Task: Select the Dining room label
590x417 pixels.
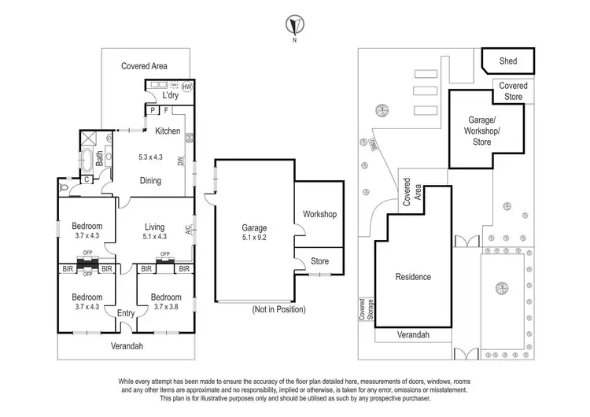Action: pyautogui.click(x=150, y=180)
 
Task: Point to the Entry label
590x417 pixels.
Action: pyautogui.click(x=126, y=313)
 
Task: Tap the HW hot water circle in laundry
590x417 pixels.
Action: pyautogui.click(x=186, y=87)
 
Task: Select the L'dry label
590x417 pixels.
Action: pyautogui.click(x=171, y=96)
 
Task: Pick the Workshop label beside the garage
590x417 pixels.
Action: pyautogui.click(x=319, y=214)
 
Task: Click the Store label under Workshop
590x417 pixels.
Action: pyautogui.click(x=319, y=261)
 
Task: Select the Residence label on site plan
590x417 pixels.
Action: pyautogui.click(x=412, y=277)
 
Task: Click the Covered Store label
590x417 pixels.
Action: pyautogui.click(x=514, y=90)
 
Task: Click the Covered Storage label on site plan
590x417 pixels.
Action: pyautogui.click(x=365, y=310)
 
